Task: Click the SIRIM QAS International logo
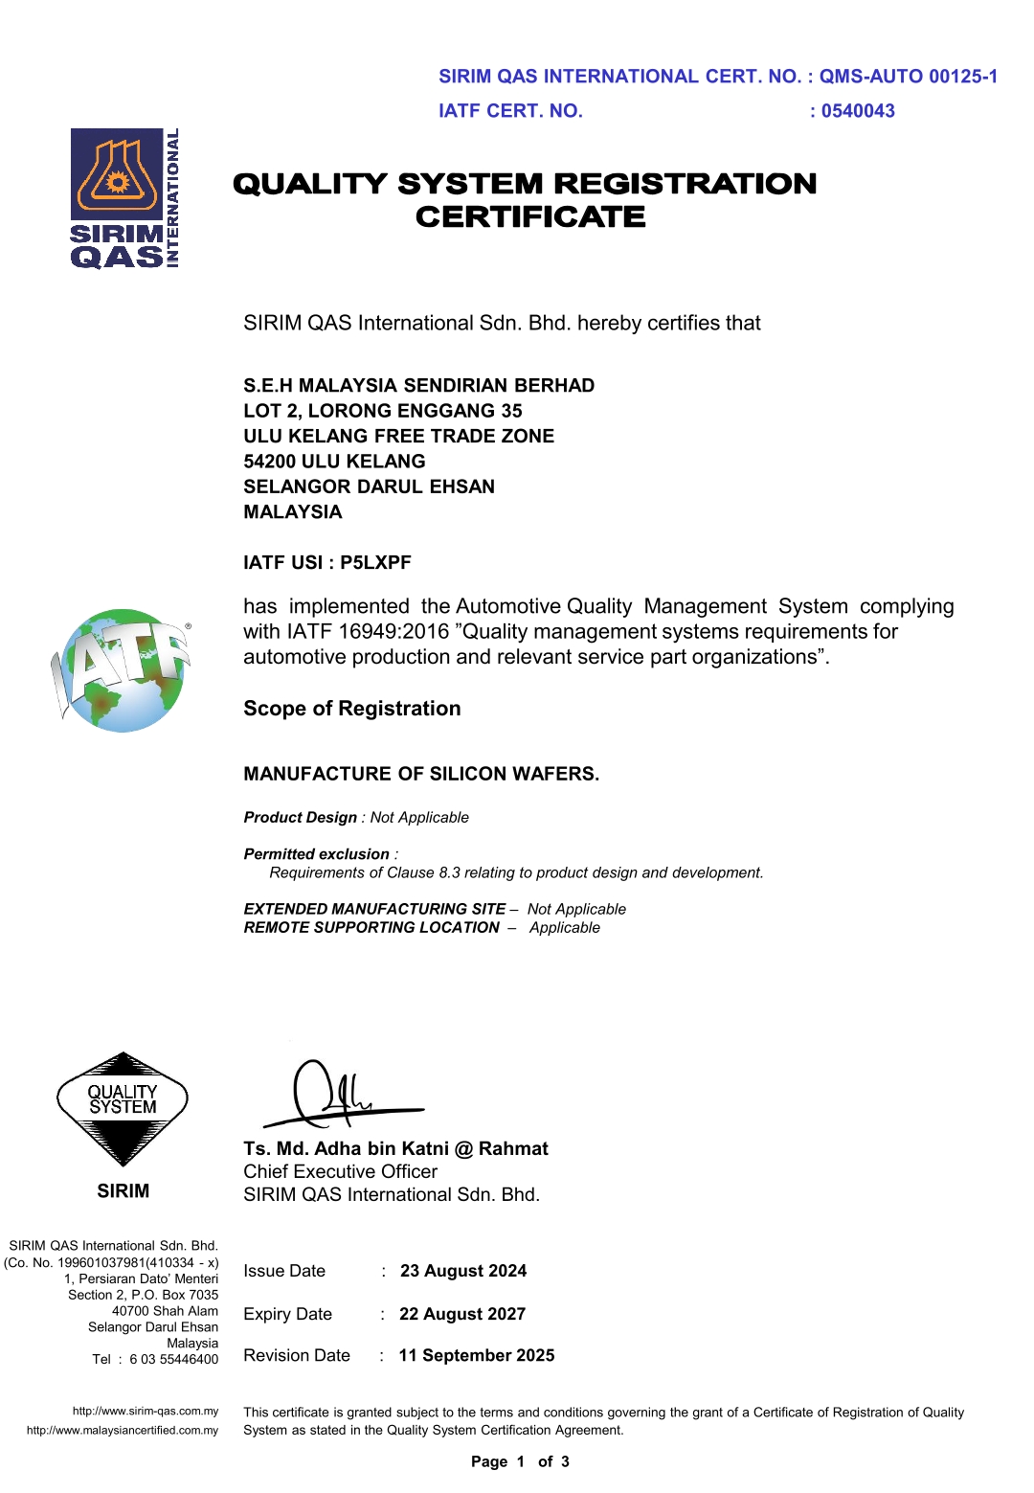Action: point(124,198)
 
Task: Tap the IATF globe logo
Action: point(122,670)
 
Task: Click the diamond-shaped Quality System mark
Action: point(123,1108)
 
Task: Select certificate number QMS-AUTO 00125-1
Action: point(908,77)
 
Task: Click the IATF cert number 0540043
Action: point(858,111)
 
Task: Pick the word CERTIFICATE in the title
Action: point(530,217)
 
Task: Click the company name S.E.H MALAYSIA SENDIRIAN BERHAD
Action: point(418,386)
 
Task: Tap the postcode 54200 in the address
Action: point(269,462)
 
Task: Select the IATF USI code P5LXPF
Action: point(375,563)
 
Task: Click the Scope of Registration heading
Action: point(351,709)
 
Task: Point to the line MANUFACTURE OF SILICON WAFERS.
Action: point(421,774)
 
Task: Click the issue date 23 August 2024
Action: point(463,1271)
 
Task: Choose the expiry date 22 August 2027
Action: point(462,1314)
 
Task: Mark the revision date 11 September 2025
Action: point(477,1356)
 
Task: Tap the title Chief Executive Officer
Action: point(340,1172)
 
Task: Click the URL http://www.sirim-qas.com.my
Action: point(146,1411)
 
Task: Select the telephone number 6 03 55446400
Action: point(173,1360)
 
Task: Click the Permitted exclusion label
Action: point(316,854)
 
